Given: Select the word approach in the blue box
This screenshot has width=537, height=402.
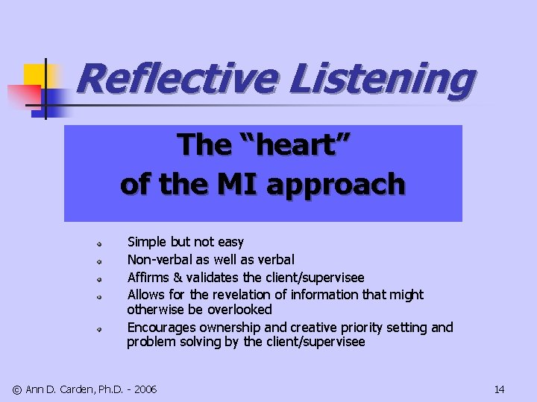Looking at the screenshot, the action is point(335,184).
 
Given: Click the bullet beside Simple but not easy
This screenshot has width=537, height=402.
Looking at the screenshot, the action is point(98,243).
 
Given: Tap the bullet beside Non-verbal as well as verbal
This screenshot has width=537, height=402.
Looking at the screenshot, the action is point(98,261).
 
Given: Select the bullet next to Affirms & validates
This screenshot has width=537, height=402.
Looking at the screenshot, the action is point(98,278).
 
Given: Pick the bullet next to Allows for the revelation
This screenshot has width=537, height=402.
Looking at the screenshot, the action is point(98,296).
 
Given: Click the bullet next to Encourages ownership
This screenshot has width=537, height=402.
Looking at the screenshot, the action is point(98,328).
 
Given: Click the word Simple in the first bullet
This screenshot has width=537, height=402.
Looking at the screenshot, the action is point(147,242).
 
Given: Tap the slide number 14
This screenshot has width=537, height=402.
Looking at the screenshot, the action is point(499,389).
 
